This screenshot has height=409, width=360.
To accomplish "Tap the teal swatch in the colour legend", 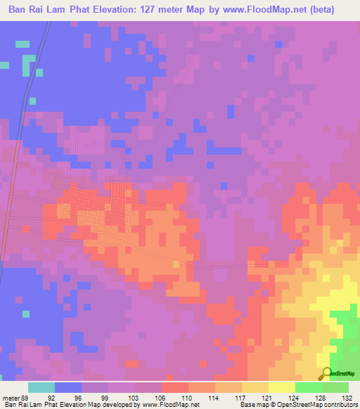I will [x=41, y=387].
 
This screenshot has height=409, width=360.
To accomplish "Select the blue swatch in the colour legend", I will [x=68, y=387].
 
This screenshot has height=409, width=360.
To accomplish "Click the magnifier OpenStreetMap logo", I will [x=326, y=373].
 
